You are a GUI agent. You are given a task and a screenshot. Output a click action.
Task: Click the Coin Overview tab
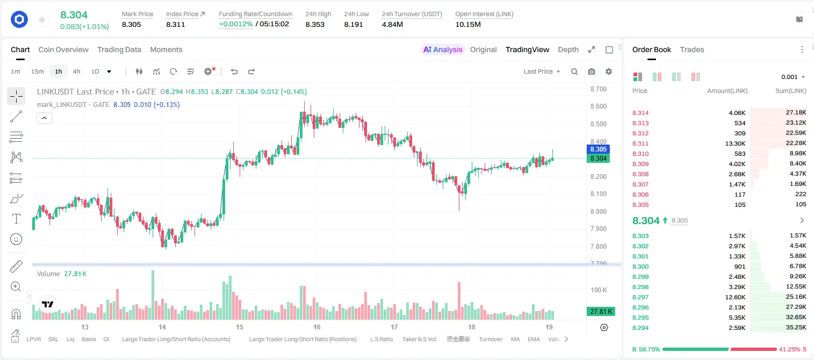(63, 49)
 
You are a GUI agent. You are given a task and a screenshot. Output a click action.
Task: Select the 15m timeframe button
(37, 71)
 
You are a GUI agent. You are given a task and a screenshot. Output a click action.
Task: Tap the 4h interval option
(76, 71)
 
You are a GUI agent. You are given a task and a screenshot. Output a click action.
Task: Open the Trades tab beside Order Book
(692, 49)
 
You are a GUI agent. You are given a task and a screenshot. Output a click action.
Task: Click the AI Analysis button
(443, 49)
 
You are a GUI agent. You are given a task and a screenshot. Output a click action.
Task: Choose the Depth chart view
(568, 49)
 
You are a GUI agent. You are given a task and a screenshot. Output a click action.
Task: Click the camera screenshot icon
(592, 71)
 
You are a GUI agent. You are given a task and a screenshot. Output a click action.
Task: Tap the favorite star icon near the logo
(42, 19)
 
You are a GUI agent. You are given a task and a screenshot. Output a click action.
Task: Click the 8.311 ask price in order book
(640, 143)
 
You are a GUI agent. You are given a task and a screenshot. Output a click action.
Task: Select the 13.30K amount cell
(735, 143)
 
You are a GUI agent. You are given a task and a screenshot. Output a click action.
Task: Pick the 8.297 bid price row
(640, 297)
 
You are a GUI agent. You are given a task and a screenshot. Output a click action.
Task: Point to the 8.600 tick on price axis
(599, 106)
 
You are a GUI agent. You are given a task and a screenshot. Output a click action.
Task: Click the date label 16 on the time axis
(317, 327)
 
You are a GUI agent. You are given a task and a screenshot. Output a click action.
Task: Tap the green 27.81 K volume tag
(601, 311)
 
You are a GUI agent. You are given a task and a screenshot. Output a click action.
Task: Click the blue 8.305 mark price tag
(598, 149)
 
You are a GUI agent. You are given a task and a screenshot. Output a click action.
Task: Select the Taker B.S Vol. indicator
(419, 339)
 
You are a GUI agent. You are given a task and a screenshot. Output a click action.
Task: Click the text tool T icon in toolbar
(16, 219)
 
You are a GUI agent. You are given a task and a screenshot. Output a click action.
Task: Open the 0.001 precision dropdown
(793, 77)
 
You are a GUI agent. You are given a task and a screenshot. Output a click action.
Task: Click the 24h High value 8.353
(315, 24)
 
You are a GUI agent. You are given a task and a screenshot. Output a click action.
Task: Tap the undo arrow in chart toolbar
(234, 71)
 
